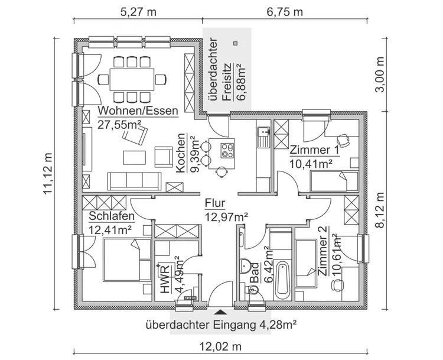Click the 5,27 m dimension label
[x=138, y=12]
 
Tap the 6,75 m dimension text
[x=285, y=12]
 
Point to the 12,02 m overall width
[x=221, y=346]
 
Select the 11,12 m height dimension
[x=48, y=173]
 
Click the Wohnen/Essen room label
[x=138, y=111]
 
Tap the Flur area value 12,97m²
[x=226, y=217]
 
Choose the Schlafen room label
[x=112, y=216]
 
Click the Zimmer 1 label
[x=314, y=150]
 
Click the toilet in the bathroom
[x=251, y=289]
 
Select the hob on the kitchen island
[x=227, y=150]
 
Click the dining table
[x=132, y=79]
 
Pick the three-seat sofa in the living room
[x=134, y=181]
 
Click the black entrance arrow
[x=221, y=312]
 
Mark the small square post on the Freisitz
[x=235, y=43]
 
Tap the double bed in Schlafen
[x=127, y=260]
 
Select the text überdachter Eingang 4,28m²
[x=221, y=325]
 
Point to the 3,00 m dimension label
[x=380, y=74]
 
